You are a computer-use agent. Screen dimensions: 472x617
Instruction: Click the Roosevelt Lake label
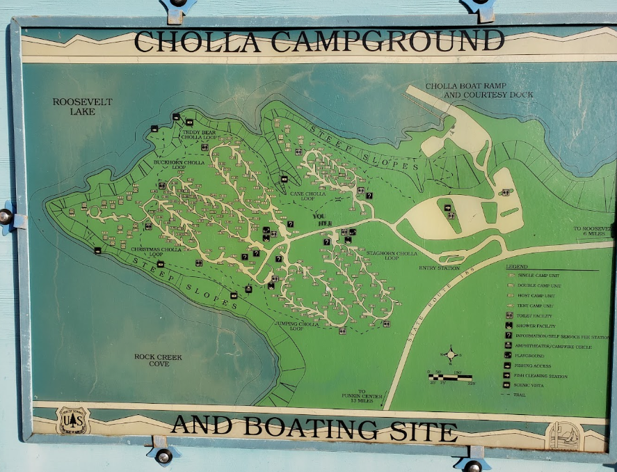click(82, 107)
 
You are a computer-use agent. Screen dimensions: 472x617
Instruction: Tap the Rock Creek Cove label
click(159, 360)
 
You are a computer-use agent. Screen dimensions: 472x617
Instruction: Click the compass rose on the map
click(451, 354)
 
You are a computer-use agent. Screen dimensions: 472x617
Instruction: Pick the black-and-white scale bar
click(450, 377)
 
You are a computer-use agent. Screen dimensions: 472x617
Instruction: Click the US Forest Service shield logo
click(73, 421)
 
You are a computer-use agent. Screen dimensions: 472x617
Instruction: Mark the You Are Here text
click(319, 218)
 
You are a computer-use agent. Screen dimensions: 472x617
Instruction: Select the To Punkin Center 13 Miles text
click(362, 395)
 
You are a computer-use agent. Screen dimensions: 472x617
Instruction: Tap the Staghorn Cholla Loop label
click(392, 255)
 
